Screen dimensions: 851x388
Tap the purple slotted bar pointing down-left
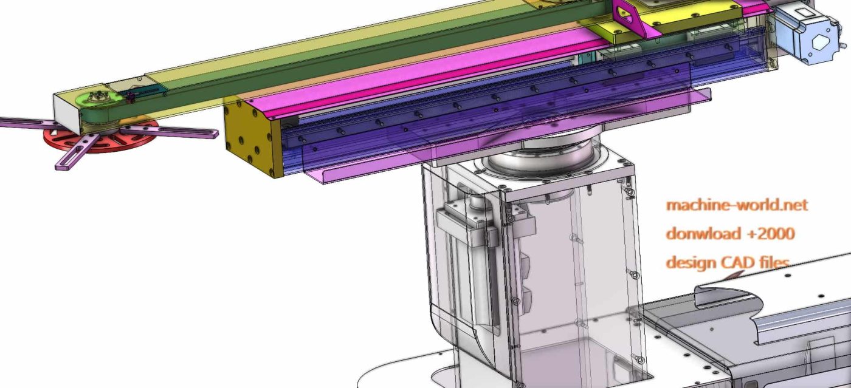click(76, 152)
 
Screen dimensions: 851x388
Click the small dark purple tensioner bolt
click(130, 97)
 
